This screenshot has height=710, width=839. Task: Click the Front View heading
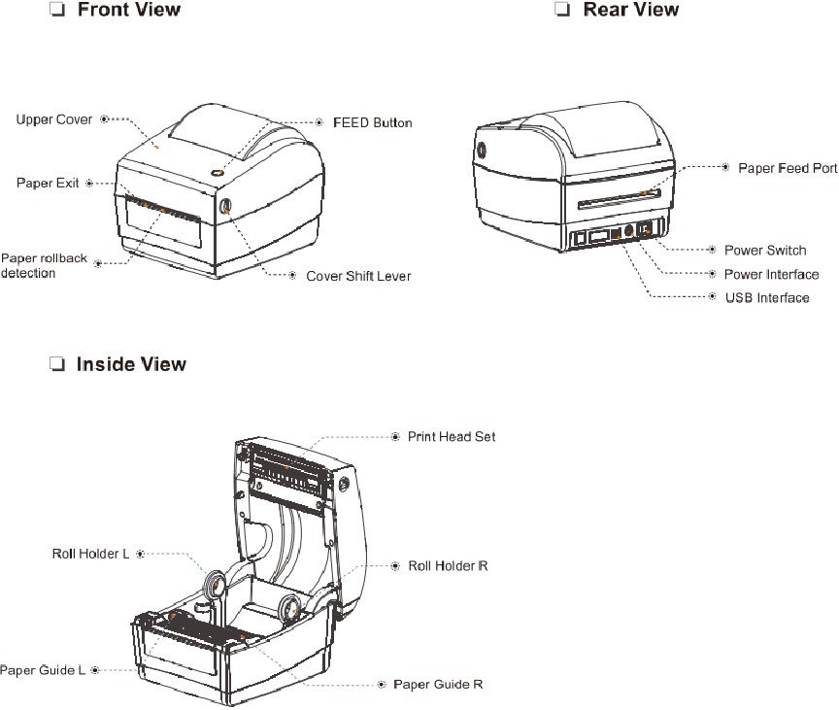coord(128,11)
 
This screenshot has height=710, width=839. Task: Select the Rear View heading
coord(630,11)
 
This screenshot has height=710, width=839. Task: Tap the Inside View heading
coord(131,365)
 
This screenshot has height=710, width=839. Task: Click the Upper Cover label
coord(54,119)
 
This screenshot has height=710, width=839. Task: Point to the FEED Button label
coord(373,123)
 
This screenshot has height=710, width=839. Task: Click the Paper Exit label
coord(48,183)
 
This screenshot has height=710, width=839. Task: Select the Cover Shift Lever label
coord(358,276)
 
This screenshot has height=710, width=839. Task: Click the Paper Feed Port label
coord(787,168)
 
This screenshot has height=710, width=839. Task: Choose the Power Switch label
coord(765,251)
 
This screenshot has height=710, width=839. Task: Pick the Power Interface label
coord(771,275)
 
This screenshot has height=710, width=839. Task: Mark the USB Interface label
coord(767,298)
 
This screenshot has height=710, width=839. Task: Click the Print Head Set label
coord(451,437)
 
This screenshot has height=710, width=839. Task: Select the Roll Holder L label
coord(90,554)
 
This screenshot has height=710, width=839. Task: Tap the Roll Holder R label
coord(448,565)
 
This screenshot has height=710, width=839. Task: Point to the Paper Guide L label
coord(43,670)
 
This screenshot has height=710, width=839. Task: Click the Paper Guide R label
coord(438,685)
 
